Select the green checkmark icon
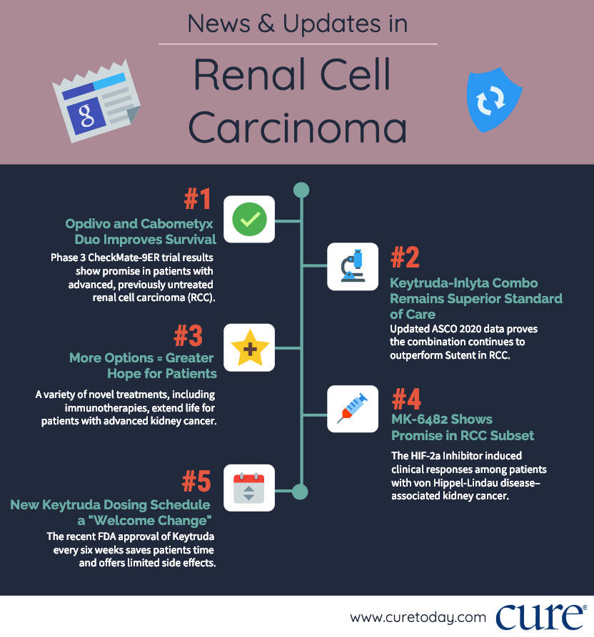click(x=249, y=220)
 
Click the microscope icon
click(x=353, y=266)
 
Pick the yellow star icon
click(x=249, y=348)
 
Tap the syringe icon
click(x=353, y=409)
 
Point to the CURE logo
click(x=540, y=616)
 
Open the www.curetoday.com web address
click(x=418, y=618)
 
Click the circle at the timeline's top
click(x=301, y=190)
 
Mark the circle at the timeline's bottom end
click(x=301, y=491)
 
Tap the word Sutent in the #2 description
click(x=465, y=355)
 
